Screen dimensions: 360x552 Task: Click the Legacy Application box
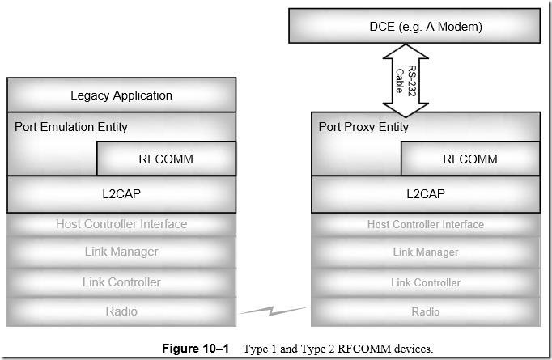coord(121,95)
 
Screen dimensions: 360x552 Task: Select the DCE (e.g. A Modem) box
coord(426,27)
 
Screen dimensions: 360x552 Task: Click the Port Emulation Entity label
coord(71,127)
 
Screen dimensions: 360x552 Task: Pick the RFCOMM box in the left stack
coord(166,159)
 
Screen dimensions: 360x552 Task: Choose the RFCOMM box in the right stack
coord(470,159)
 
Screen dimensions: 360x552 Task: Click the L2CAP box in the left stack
coord(121,194)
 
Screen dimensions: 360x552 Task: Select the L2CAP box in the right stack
coord(426,194)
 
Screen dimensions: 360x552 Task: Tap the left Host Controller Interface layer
coord(121,224)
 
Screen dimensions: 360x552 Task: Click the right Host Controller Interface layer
coord(426,224)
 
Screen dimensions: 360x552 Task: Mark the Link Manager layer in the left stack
coord(121,252)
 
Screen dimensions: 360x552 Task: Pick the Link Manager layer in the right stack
coord(426,252)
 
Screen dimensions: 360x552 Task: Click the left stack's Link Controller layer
coord(121,282)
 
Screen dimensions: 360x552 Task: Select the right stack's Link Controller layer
coord(426,282)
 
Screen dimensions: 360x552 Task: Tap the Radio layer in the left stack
coord(121,311)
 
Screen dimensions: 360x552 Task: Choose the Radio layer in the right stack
coord(426,311)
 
